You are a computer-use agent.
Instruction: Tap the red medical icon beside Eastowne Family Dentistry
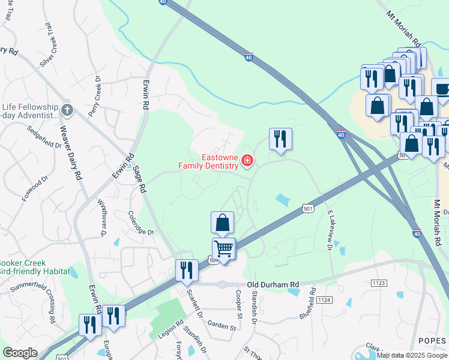click(x=247, y=160)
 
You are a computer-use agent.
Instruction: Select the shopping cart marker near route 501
click(x=224, y=247)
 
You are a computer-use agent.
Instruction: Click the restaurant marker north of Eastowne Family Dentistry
click(x=280, y=139)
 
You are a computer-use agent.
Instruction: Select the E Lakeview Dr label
click(x=330, y=230)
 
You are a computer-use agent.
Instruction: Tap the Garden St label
click(x=222, y=326)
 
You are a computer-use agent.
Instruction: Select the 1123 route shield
click(x=379, y=282)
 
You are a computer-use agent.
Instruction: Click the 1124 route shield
click(x=324, y=299)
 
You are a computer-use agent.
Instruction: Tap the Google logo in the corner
click(x=20, y=353)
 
